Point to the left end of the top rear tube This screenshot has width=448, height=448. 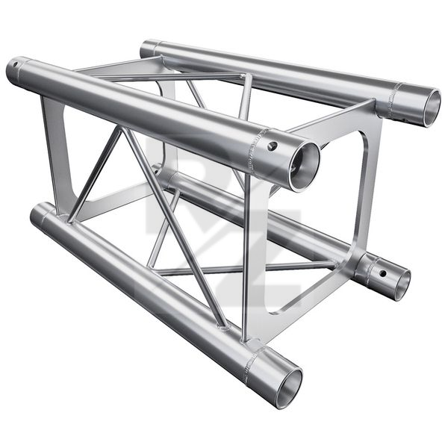point(148,48)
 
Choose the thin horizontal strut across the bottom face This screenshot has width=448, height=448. point(246,269)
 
